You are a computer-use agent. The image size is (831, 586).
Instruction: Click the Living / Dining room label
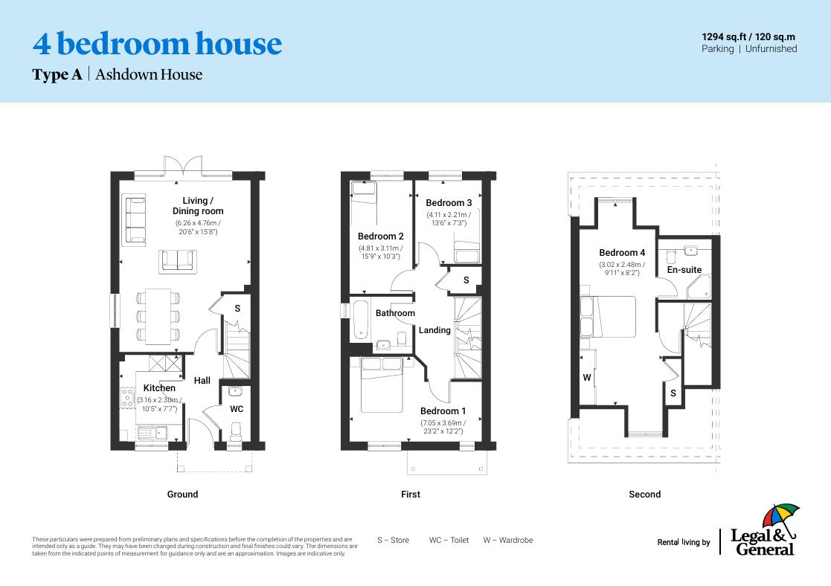(x=198, y=206)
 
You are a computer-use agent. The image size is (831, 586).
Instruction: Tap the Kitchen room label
(x=159, y=388)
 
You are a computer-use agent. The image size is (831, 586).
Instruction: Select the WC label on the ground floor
(x=236, y=409)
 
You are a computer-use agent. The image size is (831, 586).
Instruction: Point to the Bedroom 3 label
(x=449, y=203)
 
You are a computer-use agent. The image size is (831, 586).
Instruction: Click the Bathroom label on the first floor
(x=395, y=313)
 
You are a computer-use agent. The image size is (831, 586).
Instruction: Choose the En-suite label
(x=684, y=270)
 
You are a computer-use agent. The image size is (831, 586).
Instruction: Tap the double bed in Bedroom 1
(x=382, y=384)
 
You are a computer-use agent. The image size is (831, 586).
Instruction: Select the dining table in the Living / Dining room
(x=158, y=316)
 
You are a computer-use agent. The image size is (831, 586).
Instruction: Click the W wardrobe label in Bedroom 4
(x=587, y=378)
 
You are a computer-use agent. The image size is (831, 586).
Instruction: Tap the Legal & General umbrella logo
(x=780, y=518)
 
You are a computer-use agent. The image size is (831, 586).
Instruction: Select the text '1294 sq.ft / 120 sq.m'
(x=748, y=36)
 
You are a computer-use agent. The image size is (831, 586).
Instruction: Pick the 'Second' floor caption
(x=644, y=494)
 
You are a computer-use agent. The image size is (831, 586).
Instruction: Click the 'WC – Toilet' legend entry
(x=449, y=540)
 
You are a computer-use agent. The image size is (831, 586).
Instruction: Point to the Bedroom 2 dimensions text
(x=380, y=252)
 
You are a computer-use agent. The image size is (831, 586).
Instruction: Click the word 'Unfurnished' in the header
(x=771, y=49)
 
